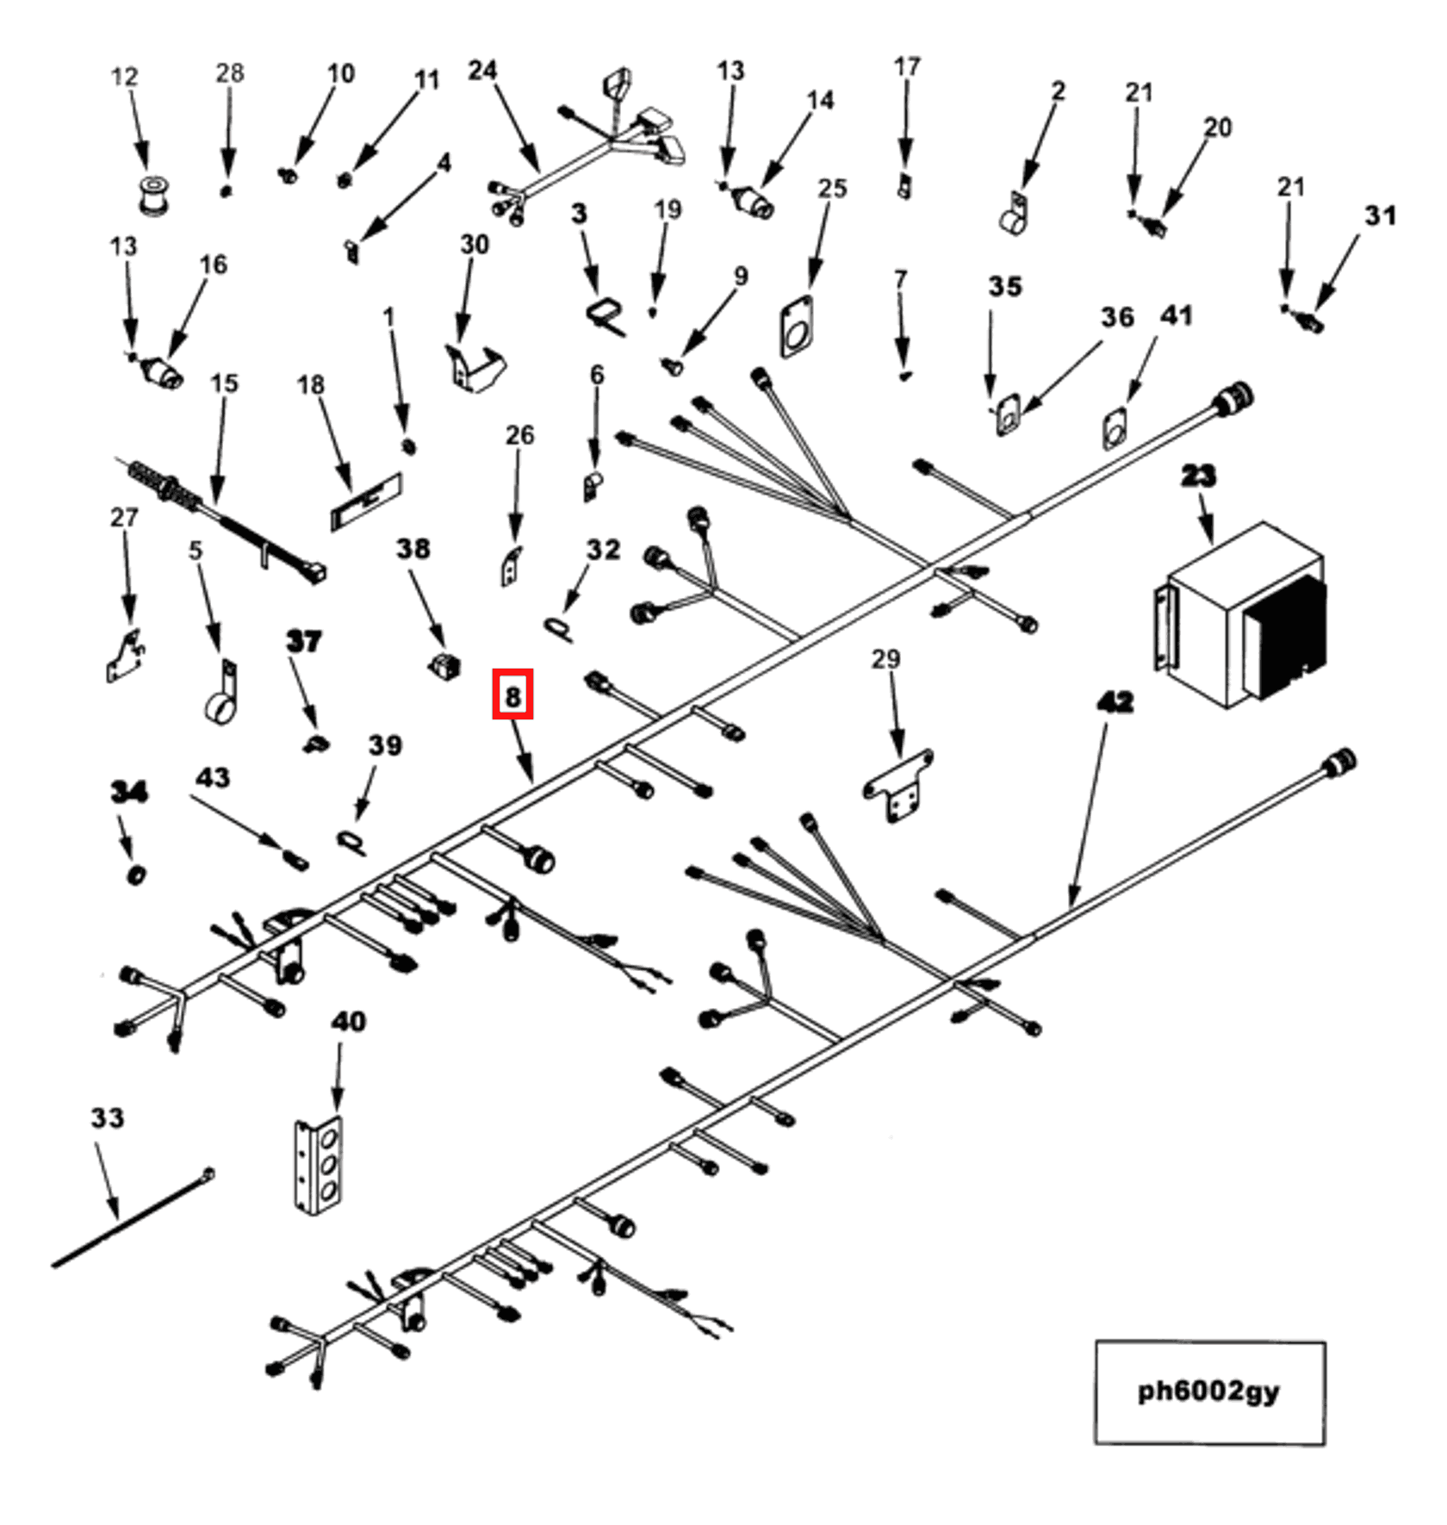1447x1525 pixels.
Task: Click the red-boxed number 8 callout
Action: coord(512,694)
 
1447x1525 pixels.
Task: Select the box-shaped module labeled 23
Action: coord(1240,616)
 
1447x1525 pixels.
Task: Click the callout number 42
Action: coord(1115,702)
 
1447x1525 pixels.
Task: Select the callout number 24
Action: coord(482,71)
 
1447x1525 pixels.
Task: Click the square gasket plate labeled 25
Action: coord(797,327)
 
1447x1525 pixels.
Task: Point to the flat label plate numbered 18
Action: coord(366,501)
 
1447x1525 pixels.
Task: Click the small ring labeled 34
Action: coord(136,875)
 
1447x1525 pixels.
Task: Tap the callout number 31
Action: coord(1380,215)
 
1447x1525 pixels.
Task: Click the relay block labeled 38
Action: coord(444,665)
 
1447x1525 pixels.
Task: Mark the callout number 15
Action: coord(224,383)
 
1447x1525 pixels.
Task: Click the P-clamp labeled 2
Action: coord(1014,216)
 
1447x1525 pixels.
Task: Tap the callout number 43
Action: coord(213,778)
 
